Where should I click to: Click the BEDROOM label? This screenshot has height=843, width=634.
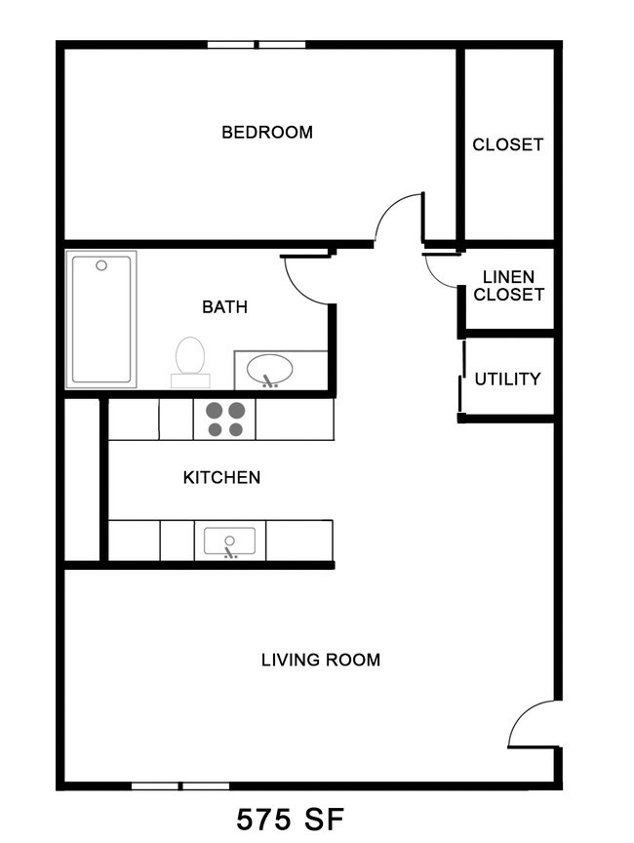coord(267,132)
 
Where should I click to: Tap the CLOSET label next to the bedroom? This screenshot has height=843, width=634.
coord(507,144)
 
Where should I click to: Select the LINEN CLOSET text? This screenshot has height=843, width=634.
coord(507,286)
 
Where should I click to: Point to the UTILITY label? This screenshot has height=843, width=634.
coord(507,379)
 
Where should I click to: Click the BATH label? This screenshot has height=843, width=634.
coord(224,306)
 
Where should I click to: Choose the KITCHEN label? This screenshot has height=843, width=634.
coord(221,477)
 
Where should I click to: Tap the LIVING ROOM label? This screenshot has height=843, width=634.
coord(320,660)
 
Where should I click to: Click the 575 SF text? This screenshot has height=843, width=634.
coord(291,819)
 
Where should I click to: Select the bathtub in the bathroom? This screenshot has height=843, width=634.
coord(101,319)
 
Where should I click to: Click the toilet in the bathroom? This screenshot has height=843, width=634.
coord(190,359)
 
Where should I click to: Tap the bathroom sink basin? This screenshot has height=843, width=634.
coord(269,370)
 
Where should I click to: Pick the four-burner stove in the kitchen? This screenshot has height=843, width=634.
coord(224,419)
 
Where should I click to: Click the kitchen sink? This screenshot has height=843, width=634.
coord(229,541)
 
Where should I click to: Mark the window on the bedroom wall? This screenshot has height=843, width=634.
coord(257,44)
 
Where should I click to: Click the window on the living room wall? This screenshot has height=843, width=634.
coord(180,785)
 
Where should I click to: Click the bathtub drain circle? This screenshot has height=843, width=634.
coord(101,264)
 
